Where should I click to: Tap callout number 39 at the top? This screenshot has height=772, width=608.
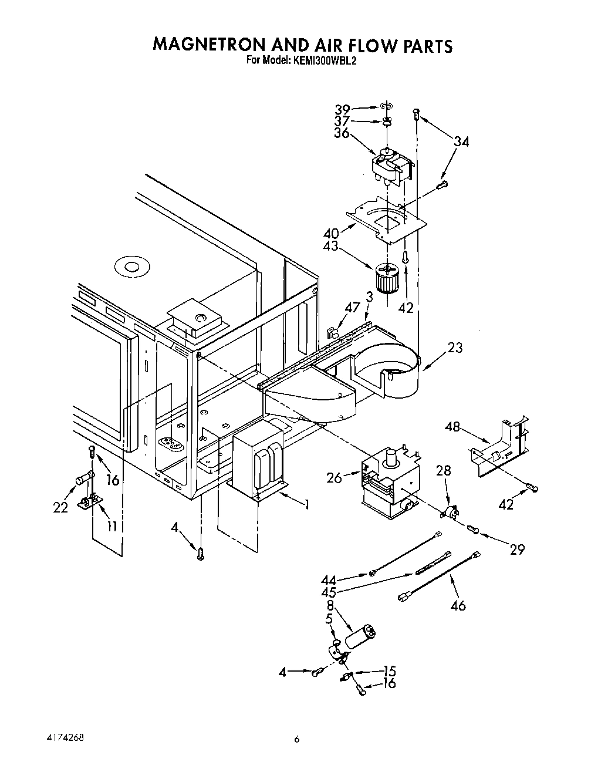[342, 110]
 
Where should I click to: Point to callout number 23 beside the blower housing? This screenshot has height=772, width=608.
[454, 348]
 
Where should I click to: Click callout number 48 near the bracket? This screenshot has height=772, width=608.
[452, 427]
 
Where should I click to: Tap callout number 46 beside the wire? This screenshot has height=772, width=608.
[458, 604]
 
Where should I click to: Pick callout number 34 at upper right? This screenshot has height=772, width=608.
[461, 141]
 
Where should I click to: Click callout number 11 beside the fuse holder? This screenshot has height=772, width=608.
[112, 525]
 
